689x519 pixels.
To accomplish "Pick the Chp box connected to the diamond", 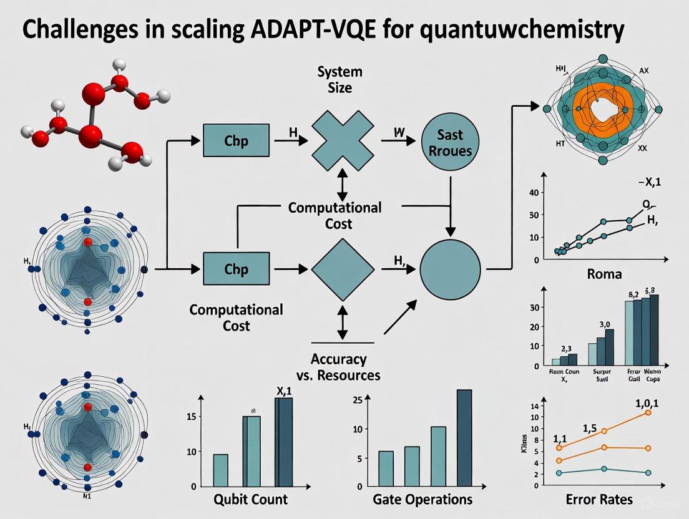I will (236, 269).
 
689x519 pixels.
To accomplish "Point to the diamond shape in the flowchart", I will (341, 269).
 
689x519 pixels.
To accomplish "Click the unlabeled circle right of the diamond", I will (450, 269).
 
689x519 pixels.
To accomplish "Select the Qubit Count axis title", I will (251, 499).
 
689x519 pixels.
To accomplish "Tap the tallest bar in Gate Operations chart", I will (464, 438).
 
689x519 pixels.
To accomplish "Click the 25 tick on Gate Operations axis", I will (358, 400).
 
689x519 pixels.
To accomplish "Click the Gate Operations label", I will (422, 499).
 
